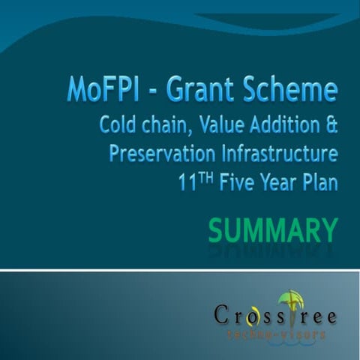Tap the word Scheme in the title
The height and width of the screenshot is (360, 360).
coord(293,90)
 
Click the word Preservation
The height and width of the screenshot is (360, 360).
coord(163,153)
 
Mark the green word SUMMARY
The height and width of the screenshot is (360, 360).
coord(272,228)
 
